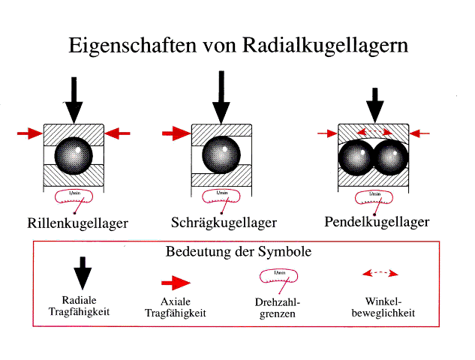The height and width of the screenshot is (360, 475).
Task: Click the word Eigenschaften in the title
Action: tap(133, 46)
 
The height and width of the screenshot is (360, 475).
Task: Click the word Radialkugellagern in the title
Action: tap(325, 46)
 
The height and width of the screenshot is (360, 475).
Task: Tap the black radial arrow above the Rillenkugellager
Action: tap(74, 100)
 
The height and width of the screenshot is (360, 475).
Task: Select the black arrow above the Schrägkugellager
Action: tap(221, 97)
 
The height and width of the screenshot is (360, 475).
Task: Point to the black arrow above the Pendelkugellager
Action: tap(375, 105)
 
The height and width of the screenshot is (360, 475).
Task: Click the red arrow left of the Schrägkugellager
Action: tap(176, 133)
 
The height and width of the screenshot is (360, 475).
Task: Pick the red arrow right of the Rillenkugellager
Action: tap(117, 133)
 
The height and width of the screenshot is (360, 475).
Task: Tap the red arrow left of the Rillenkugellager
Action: tap(30, 133)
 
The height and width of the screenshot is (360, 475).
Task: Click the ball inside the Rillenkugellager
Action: tap(74, 156)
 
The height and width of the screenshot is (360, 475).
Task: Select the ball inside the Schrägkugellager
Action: tap(221, 154)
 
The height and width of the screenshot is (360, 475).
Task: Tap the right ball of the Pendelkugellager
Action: tap(392, 157)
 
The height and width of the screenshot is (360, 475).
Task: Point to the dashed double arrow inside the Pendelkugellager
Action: tap(375, 132)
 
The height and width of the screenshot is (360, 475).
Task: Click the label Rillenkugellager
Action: tap(77, 223)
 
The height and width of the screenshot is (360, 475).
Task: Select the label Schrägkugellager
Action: tap(224, 223)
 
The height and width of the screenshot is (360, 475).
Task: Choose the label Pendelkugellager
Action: tap(377, 222)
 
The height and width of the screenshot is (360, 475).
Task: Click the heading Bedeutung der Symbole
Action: tap(239, 251)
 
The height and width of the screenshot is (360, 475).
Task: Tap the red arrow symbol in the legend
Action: tap(176, 283)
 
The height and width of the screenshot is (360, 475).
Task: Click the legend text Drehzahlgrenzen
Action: tap(278, 308)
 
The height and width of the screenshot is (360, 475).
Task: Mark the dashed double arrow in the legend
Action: tap(380, 274)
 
